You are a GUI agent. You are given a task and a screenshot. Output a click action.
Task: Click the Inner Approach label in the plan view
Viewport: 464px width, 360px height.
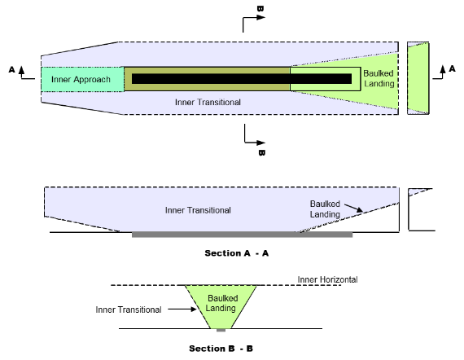coord(81,79)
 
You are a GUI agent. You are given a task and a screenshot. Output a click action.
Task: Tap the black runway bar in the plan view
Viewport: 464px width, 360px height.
coord(242,79)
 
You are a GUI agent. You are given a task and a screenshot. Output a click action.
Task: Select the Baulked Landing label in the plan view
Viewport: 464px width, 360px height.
coord(379,78)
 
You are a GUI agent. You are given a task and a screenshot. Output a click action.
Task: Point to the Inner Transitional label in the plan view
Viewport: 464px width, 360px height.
coord(208,102)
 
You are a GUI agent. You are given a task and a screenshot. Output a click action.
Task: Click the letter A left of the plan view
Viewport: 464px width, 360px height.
coord(12,69)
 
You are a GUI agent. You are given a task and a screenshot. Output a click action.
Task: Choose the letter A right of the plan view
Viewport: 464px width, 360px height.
coord(452,68)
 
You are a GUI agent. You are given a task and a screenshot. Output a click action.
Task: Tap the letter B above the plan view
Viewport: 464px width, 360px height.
coord(260,9)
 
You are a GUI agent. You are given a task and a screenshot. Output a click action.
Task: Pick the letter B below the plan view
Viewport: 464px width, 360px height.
coord(261,152)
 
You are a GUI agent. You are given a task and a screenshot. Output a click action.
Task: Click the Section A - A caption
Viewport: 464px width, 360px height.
coord(237,253)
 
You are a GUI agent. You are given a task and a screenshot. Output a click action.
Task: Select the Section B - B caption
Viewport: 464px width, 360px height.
coord(221,349)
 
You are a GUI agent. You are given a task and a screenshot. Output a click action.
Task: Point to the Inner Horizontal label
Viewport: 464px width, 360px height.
coord(327,279)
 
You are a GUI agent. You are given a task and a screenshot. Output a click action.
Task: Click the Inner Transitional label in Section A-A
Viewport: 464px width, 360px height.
coord(198,210)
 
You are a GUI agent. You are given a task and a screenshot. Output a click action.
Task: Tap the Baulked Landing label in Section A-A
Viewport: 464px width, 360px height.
coord(325,209)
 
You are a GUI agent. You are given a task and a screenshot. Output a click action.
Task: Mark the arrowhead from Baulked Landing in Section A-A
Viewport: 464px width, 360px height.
coord(360,210)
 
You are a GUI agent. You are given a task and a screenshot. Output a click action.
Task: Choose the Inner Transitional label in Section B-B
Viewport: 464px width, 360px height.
coord(129,310)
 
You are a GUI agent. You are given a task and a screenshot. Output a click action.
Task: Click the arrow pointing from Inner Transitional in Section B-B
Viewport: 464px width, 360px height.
coord(182,310)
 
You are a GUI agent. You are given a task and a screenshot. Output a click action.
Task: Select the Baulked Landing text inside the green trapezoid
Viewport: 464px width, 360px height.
coord(222,303)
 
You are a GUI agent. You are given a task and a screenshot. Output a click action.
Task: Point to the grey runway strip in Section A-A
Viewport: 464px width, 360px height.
coord(242,235)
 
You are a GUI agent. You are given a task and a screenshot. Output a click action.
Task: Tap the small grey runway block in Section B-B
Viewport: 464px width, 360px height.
coord(221,330)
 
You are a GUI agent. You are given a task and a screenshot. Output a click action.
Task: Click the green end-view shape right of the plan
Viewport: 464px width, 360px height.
coord(418,78)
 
